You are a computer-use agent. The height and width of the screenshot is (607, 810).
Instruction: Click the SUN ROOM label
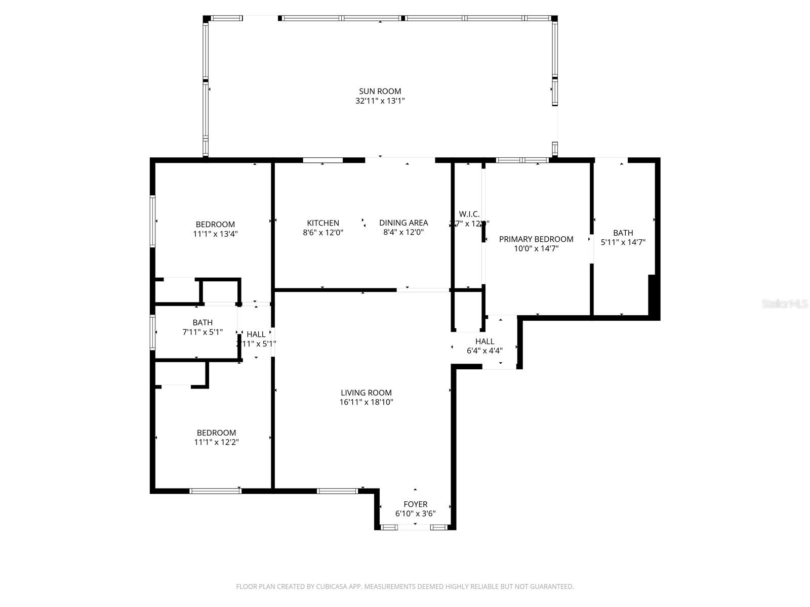tap(380, 92)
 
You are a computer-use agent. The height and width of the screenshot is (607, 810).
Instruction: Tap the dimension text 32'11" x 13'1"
tap(380, 101)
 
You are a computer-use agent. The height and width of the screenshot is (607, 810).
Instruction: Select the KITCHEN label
tap(323, 223)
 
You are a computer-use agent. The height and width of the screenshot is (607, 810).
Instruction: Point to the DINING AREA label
tap(403, 223)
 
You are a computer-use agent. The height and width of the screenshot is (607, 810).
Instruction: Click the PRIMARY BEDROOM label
tap(536, 239)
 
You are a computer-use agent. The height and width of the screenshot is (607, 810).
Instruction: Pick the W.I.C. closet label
tap(469, 214)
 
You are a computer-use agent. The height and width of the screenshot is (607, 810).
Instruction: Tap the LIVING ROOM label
tap(366, 393)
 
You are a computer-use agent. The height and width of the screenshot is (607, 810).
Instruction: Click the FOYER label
tap(415, 504)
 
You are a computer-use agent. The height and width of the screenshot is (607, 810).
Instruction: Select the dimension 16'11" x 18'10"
tap(366, 403)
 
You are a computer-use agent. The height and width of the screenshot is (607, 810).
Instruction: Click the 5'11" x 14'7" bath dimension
tap(623, 242)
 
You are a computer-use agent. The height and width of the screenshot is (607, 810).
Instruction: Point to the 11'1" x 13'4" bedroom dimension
tap(215, 234)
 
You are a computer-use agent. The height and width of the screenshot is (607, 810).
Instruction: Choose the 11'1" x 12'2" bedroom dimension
tap(216, 442)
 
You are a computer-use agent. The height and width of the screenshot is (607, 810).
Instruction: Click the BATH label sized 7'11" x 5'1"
tap(202, 323)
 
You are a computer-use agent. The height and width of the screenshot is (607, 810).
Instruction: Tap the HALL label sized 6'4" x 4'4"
tap(484, 341)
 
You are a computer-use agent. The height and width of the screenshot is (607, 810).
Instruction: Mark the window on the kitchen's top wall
tap(323, 160)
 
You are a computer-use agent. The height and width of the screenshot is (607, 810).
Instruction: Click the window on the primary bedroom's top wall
tap(522, 160)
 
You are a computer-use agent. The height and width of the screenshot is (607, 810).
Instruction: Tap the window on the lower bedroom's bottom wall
tap(215, 491)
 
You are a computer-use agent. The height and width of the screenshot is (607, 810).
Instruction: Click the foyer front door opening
tap(414, 527)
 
